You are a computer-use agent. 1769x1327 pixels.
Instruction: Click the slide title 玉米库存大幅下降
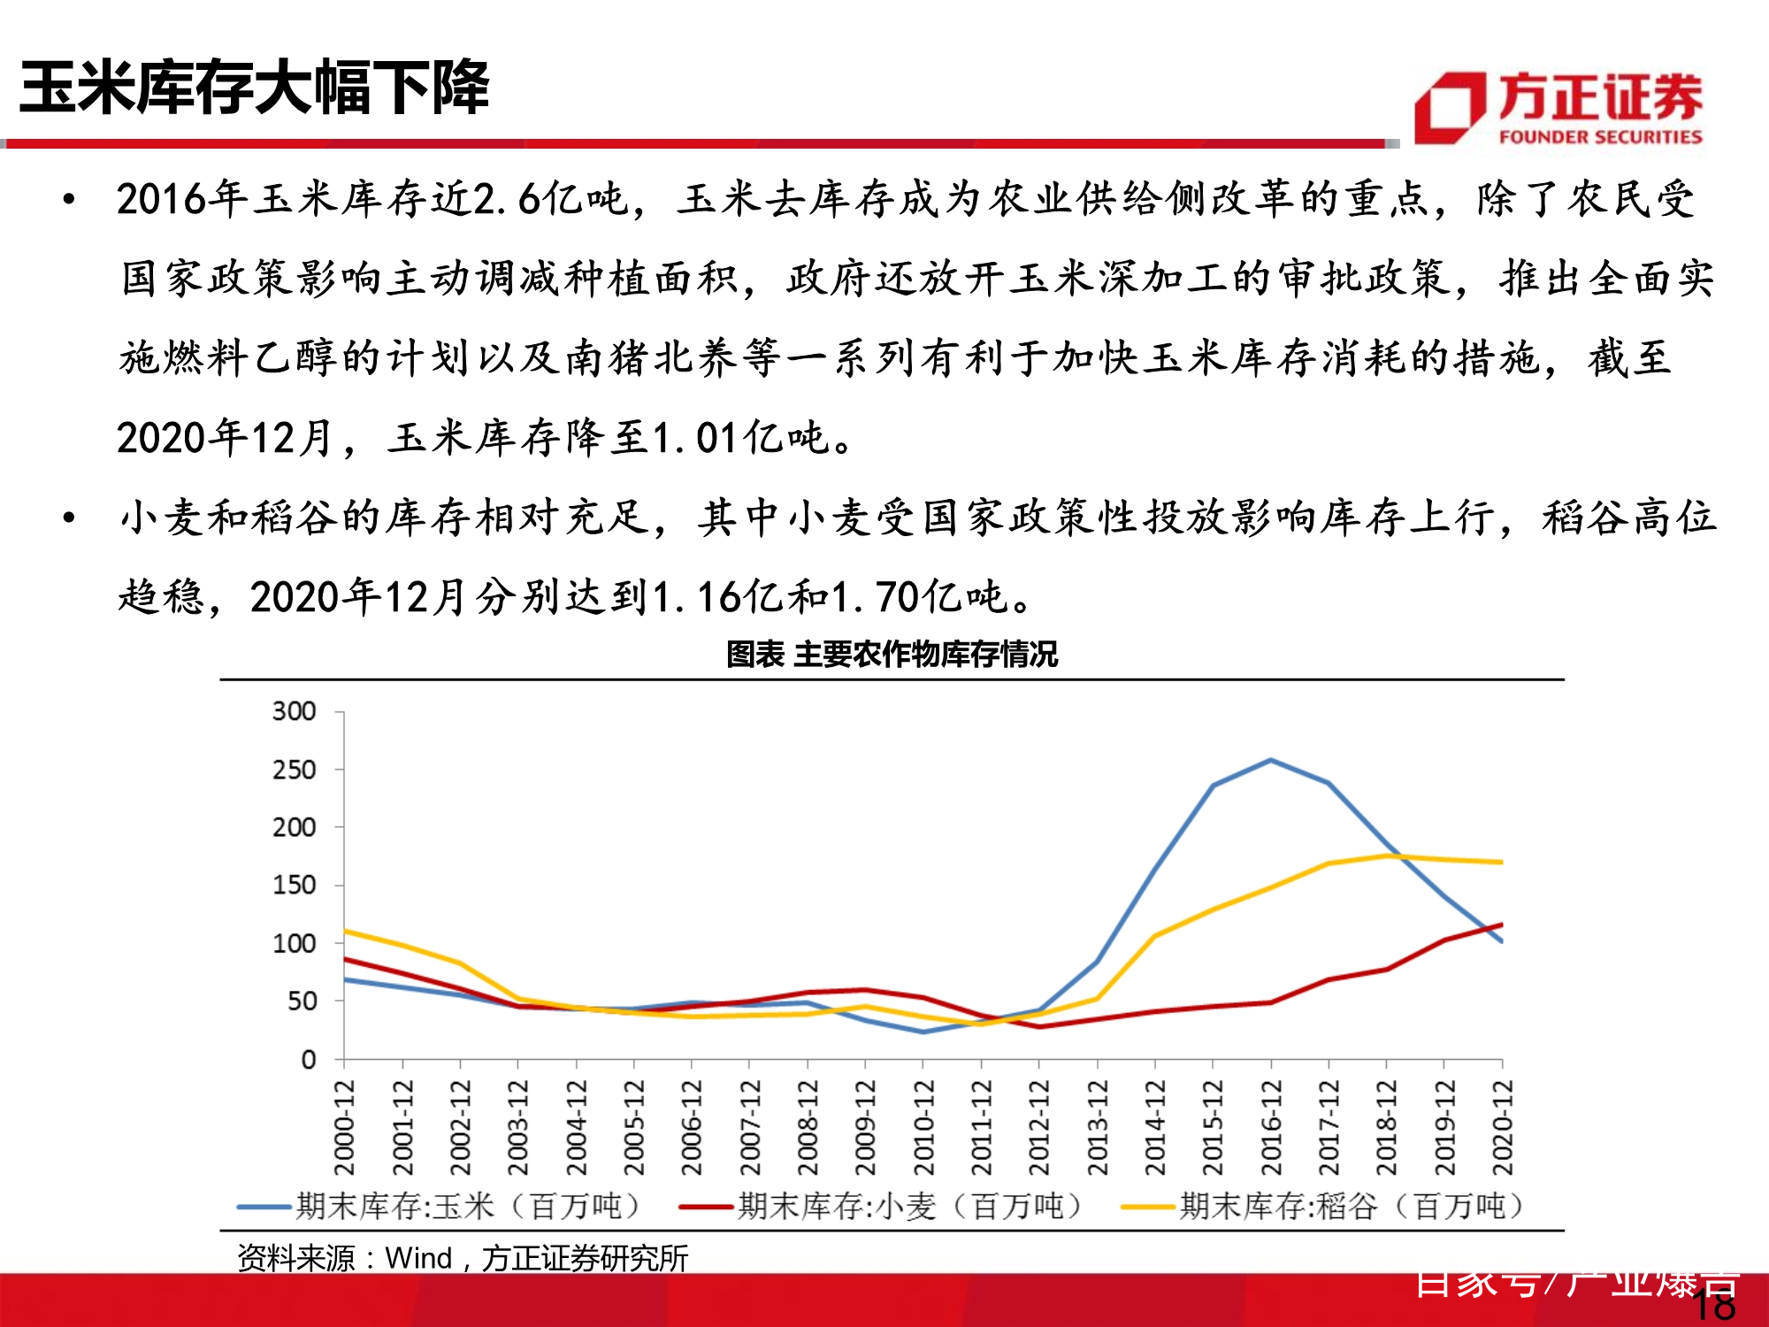click(255, 88)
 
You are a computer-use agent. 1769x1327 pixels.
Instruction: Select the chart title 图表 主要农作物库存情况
click(892, 655)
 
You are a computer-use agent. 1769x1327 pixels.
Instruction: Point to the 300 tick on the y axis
click(295, 711)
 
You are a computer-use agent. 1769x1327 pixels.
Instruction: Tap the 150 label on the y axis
click(295, 885)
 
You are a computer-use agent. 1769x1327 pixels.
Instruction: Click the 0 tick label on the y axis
click(308, 1059)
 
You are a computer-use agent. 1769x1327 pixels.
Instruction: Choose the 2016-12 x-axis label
click(1271, 1128)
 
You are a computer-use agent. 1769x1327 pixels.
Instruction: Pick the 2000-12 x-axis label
click(344, 1128)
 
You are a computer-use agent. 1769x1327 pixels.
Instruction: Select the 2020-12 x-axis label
click(1503, 1128)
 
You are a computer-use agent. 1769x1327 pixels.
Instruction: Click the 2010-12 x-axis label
click(923, 1128)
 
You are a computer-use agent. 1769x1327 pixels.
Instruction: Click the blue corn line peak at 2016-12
click(1271, 760)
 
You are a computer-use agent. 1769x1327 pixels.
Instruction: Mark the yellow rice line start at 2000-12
click(345, 931)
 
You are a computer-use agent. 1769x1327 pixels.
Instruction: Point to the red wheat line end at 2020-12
click(1502, 925)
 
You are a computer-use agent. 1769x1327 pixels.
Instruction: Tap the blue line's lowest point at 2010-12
click(923, 1032)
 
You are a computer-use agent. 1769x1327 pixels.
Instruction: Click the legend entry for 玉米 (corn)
click(440, 1206)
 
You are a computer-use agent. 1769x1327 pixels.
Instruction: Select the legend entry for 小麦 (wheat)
click(882, 1206)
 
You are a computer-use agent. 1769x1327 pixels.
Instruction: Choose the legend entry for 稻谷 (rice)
click(1324, 1206)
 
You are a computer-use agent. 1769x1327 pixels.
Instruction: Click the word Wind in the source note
click(418, 1257)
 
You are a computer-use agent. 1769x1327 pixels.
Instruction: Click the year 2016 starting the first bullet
click(161, 199)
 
